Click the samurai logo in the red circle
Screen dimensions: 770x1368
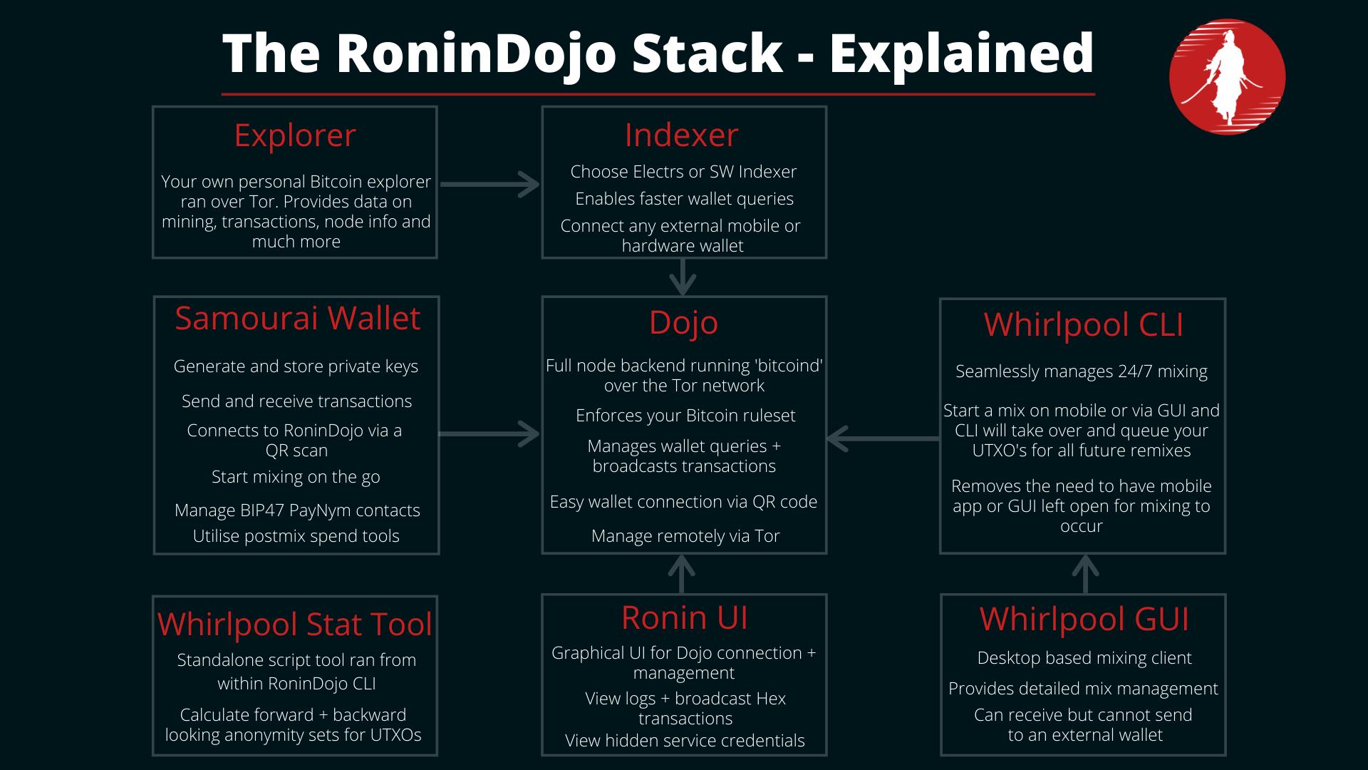click(x=1227, y=77)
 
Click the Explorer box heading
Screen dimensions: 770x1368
click(x=295, y=135)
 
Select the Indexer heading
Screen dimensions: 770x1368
click(x=682, y=135)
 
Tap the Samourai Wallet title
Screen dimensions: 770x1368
click(x=297, y=318)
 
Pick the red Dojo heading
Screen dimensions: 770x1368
click(x=683, y=322)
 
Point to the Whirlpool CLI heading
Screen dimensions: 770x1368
click(x=1083, y=325)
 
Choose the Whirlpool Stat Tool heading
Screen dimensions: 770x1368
click(x=295, y=625)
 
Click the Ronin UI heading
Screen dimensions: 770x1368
click(x=684, y=618)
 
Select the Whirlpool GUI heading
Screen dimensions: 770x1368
click(x=1084, y=620)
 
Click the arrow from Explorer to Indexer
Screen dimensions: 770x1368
click(x=490, y=184)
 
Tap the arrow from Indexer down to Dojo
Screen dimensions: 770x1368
click(x=683, y=277)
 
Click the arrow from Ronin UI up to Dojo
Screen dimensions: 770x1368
click(x=682, y=574)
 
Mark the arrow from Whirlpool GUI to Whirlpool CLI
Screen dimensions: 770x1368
click(x=1084, y=574)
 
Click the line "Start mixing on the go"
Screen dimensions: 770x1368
click(x=296, y=477)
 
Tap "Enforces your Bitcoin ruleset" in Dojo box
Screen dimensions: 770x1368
click(x=685, y=416)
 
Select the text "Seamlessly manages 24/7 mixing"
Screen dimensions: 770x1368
click(x=1082, y=371)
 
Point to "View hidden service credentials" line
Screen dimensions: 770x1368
click(x=685, y=741)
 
